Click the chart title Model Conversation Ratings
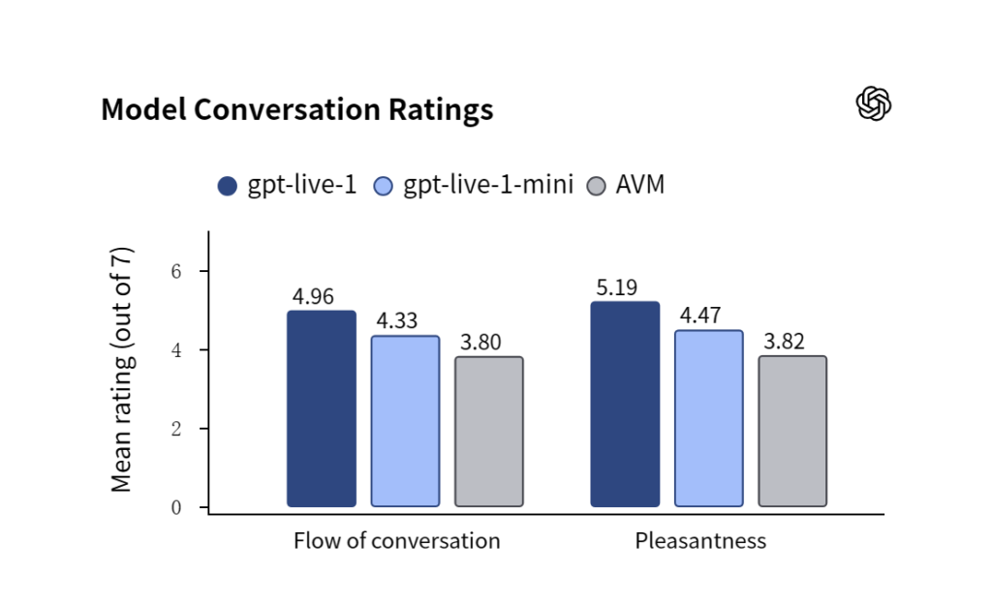(x=296, y=109)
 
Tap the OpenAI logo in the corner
(x=874, y=103)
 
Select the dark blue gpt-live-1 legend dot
(x=227, y=186)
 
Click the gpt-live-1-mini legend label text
(x=488, y=185)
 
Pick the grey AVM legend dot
(x=596, y=186)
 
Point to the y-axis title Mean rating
(x=121, y=370)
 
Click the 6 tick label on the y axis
(x=176, y=271)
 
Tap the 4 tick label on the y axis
(x=176, y=350)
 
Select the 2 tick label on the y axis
(x=176, y=429)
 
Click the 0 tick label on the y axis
(x=176, y=507)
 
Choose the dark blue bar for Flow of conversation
(x=322, y=408)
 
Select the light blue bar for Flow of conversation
(x=405, y=421)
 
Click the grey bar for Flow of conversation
(x=489, y=432)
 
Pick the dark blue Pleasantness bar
(x=625, y=404)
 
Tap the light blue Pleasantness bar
(x=708, y=418)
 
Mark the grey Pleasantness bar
(x=792, y=431)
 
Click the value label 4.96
(x=313, y=296)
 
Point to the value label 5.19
(x=617, y=287)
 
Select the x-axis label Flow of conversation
(x=396, y=541)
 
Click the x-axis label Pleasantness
(x=700, y=541)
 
